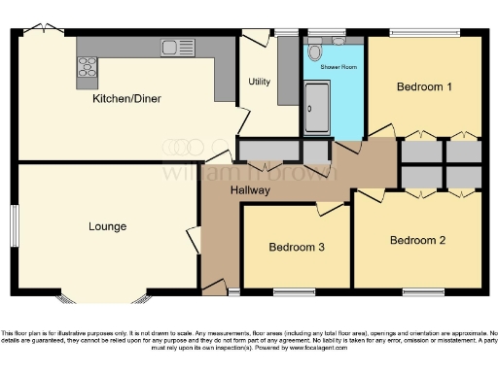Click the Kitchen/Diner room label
pyautogui.click(x=125, y=99)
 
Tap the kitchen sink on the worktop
pyautogui.click(x=177, y=46)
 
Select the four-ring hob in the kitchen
pyautogui.click(x=88, y=66)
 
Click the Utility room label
pyautogui.click(x=260, y=82)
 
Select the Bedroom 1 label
pyautogui.click(x=424, y=87)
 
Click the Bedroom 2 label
pyautogui.click(x=417, y=240)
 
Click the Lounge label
pyautogui.click(x=107, y=227)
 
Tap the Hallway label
pyautogui.click(x=250, y=191)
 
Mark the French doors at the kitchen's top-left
pyautogui.click(x=42, y=32)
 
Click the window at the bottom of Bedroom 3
pyautogui.click(x=295, y=290)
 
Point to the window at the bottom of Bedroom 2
pyautogui.click(x=423, y=290)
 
